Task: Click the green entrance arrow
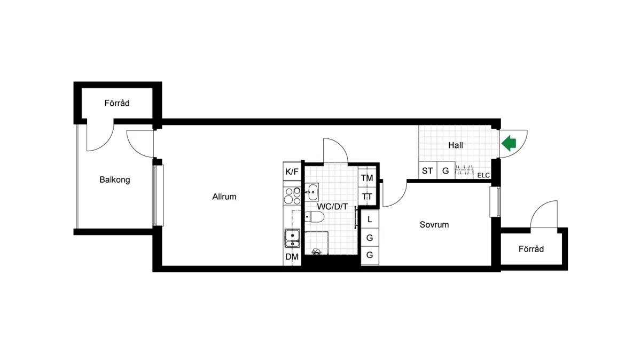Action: pos(509,143)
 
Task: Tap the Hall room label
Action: pos(456,145)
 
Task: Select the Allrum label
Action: pos(224,197)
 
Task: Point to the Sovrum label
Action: pos(434,225)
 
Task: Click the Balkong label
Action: pos(115,180)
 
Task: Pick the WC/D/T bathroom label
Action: pos(332,206)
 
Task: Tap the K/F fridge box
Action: pos(292,171)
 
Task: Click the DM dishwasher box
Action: pos(292,257)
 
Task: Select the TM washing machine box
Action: pos(367,178)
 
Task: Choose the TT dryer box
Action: pos(367,197)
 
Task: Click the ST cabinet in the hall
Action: pos(427,171)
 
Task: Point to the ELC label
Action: pos(483,175)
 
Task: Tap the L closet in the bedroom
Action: pos(369,218)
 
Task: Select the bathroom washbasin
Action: pos(311,191)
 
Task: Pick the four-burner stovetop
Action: pos(292,196)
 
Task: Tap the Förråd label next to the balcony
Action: pos(117,103)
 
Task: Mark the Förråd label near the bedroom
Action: pos(531,249)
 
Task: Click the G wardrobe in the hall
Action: pos(445,171)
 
